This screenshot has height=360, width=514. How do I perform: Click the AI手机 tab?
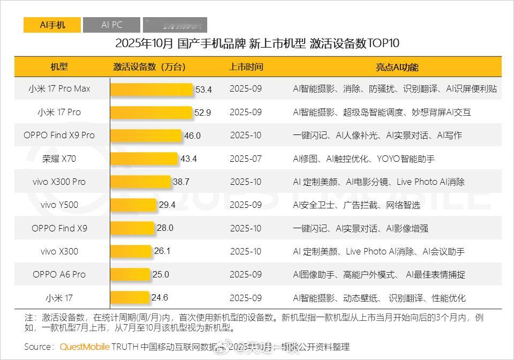(52, 25)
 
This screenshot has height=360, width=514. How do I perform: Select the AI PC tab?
(112, 25)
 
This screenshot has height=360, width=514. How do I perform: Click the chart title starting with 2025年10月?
(257, 43)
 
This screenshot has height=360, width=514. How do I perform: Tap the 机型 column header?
(59, 67)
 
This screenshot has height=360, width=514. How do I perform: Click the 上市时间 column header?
(246, 67)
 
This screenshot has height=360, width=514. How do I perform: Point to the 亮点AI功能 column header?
(397, 67)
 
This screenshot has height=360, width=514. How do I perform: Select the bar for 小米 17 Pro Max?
(152, 89)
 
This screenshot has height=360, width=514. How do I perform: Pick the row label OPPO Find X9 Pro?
(59, 136)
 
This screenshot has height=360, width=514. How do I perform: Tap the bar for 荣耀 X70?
(144, 159)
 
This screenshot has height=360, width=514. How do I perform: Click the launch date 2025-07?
(246, 159)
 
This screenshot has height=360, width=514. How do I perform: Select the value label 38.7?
(181, 182)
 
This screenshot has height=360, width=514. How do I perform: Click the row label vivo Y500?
(59, 205)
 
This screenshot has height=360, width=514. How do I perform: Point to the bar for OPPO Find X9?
(132, 228)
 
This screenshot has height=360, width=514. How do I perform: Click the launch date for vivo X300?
(246, 251)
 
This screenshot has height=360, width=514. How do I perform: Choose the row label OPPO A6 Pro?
(59, 274)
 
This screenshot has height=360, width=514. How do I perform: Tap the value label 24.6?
(160, 298)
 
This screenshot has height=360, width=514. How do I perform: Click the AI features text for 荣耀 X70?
(364, 159)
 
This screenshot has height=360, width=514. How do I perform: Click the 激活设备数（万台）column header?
(149, 67)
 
